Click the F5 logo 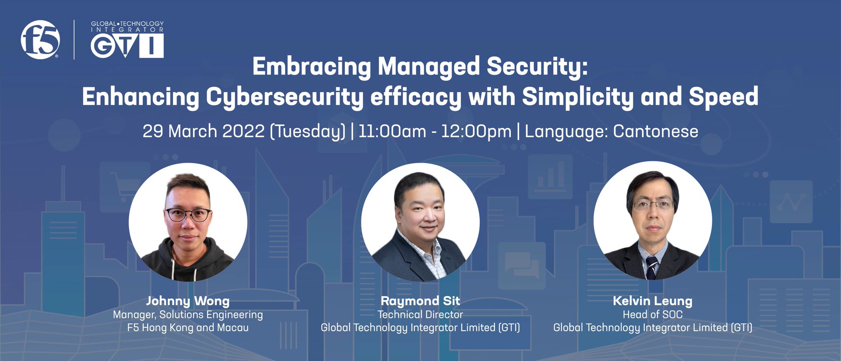pos(40,39)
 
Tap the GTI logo pos(127,39)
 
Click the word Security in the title pos(537,67)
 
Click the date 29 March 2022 pos(204,131)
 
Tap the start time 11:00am pos(392,131)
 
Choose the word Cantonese pos(656,131)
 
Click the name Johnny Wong pos(188,301)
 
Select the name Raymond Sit pos(420,301)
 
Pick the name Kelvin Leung pos(653,301)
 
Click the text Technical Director pos(420,315)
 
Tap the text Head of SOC pos(653,315)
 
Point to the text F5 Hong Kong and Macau pos(188,328)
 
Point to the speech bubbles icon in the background pos(522,266)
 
